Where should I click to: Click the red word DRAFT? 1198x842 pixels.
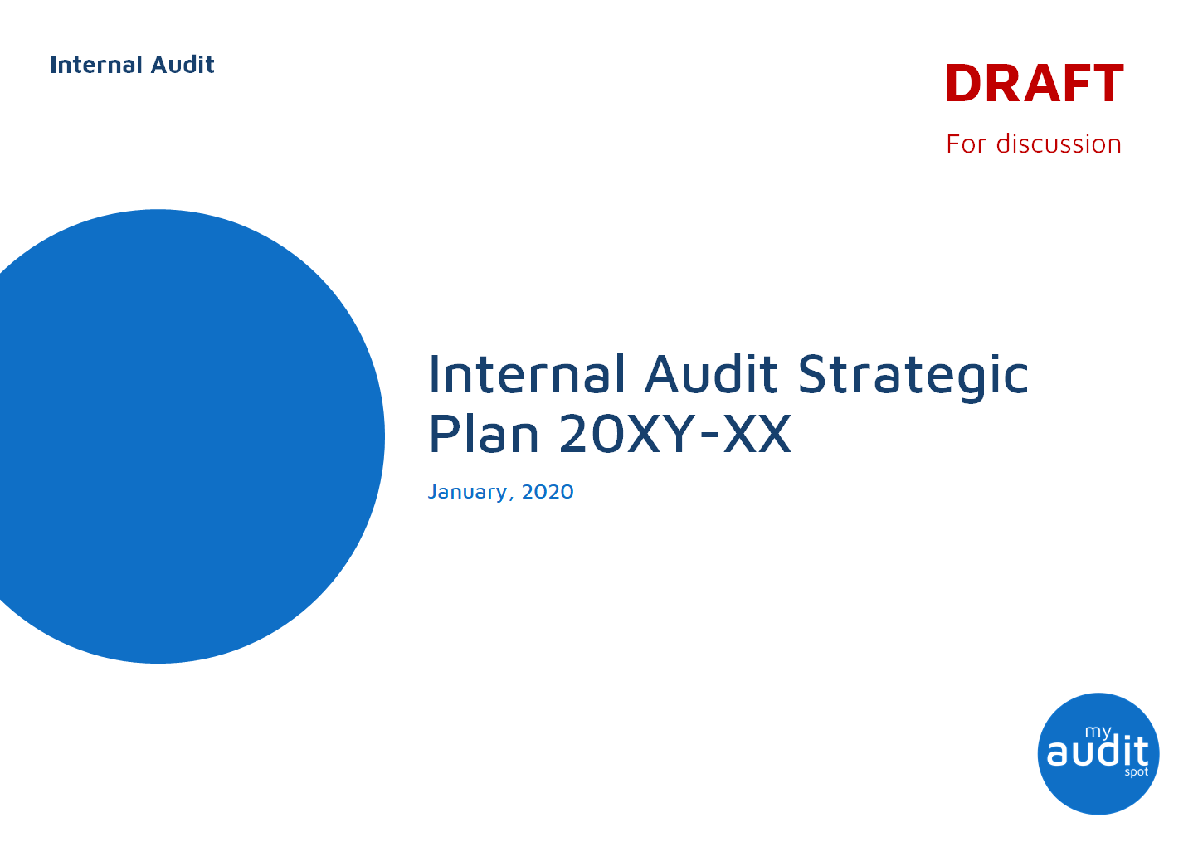point(1034,84)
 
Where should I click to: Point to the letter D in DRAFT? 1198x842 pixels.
point(964,84)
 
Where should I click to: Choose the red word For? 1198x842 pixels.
point(966,144)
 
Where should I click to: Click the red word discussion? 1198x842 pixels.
point(1059,144)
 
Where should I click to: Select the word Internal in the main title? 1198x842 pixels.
point(527,374)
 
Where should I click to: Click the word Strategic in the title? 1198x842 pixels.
point(913,376)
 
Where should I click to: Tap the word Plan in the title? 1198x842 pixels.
point(484,434)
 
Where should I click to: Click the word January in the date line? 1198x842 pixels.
point(468,492)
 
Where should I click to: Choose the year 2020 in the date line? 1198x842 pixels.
point(548,492)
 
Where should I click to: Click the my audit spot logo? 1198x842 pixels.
point(1098,753)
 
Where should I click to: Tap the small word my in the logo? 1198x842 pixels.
point(1098,732)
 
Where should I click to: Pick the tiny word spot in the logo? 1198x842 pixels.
point(1136,772)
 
